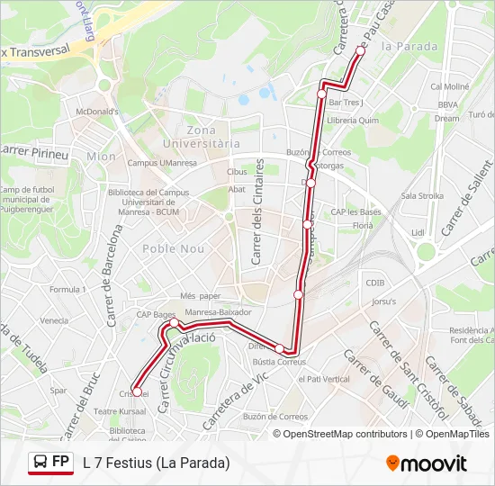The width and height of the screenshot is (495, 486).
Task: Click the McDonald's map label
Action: click(98, 111)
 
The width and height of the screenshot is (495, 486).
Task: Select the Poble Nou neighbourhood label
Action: click(173, 248)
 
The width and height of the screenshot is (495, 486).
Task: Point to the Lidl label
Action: click(418, 232)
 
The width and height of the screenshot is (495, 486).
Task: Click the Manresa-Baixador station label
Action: click(217, 312)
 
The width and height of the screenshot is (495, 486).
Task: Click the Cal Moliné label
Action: click(450, 87)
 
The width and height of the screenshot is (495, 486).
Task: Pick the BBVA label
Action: click(449, 104)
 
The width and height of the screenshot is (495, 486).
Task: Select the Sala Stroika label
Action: click(422, 195)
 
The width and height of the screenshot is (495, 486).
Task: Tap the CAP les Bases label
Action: click(356, 211)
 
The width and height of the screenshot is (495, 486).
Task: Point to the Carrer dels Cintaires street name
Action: click(258, 211)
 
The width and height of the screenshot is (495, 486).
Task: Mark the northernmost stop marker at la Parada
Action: click(360, 51)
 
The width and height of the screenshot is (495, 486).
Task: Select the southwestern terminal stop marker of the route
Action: click(135, 391)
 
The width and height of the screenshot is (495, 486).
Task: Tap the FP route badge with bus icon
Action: click(50, 463)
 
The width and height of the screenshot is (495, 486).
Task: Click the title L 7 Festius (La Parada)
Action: click(157, 463)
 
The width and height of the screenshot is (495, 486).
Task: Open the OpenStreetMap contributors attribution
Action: click(345, 434)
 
